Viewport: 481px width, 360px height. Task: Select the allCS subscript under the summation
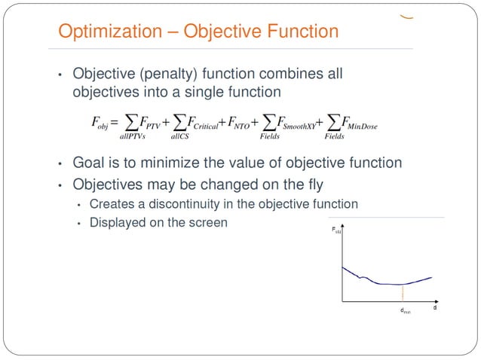179,136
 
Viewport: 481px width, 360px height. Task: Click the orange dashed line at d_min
403,293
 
